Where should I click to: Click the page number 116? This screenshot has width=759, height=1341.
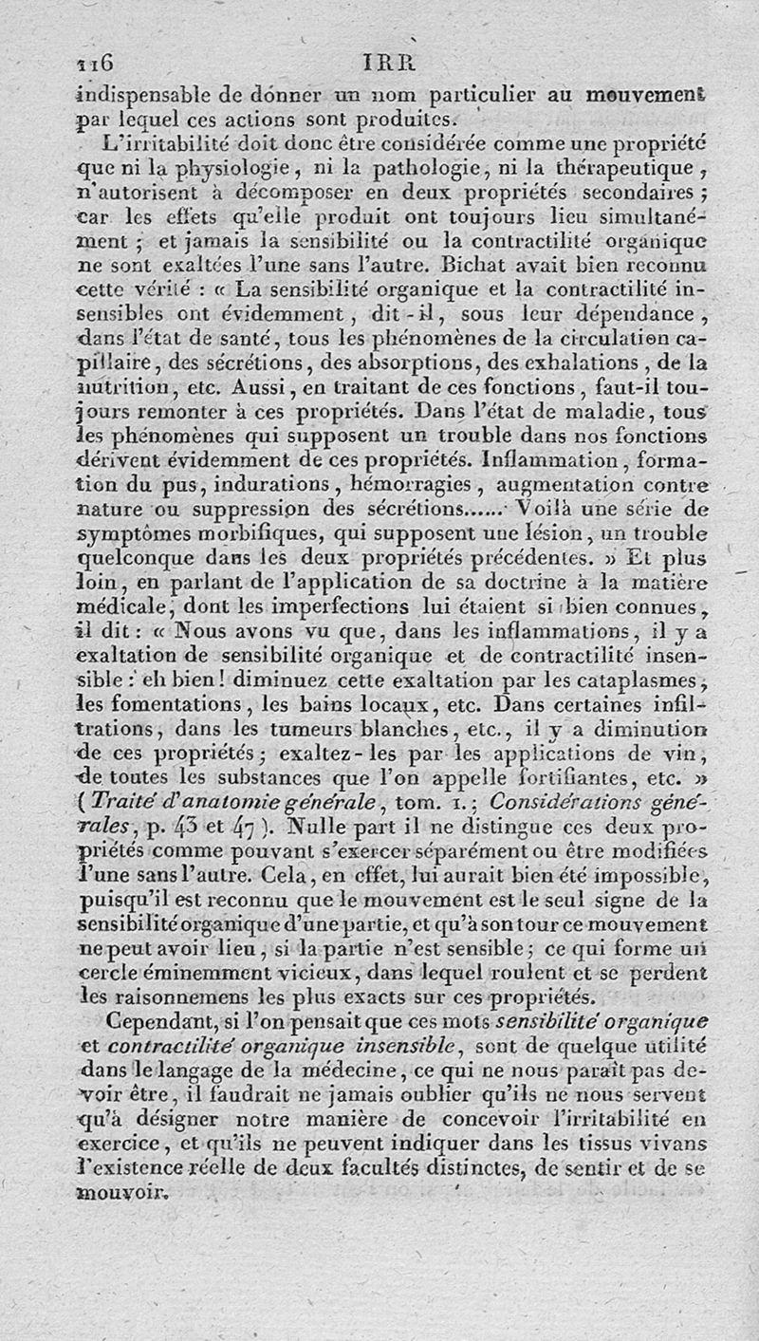pos(95,63)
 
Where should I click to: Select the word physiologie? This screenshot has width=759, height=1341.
pos(222,173)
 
